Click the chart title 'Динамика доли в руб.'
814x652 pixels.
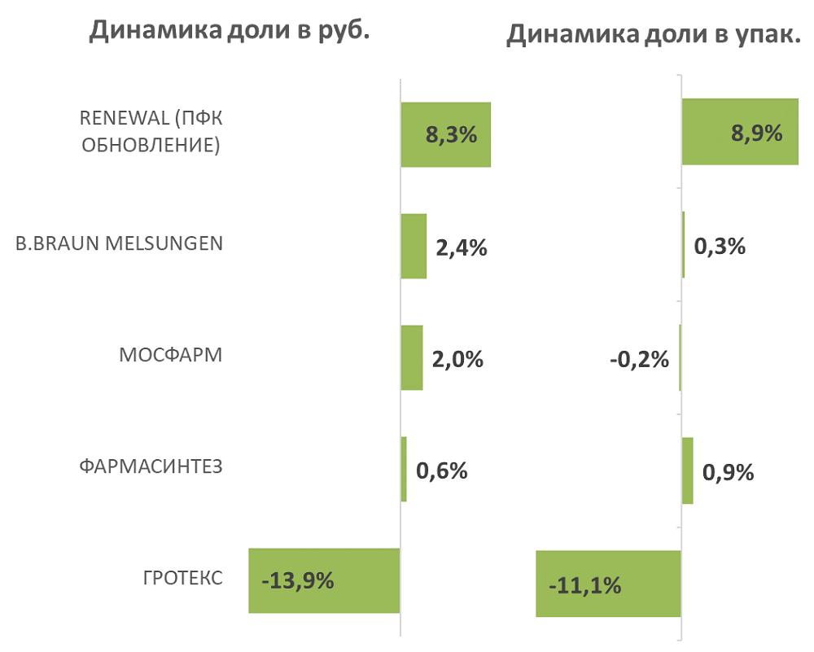(230, 30)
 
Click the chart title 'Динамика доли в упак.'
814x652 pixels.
(654, 35)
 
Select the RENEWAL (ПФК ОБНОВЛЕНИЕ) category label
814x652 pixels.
(151, 131)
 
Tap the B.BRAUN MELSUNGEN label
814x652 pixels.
(119, 243)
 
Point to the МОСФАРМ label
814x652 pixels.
(170, 356)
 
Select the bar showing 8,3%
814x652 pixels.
(445, 134)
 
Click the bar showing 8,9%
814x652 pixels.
(739, 132)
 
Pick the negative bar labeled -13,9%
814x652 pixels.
(324, 580)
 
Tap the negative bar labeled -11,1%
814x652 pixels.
(608, 584)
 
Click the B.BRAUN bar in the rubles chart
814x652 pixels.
(414, 247)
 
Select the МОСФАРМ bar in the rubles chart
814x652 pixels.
(412, 358)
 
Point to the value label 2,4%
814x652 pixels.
(462, 247)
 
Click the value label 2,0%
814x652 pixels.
(458, 359)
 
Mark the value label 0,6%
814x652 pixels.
(441, 470)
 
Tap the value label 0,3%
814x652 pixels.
(720, 246)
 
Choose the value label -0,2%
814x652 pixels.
(639, 358)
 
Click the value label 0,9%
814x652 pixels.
(729, 471)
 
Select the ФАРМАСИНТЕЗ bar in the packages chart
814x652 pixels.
(688, 470)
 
